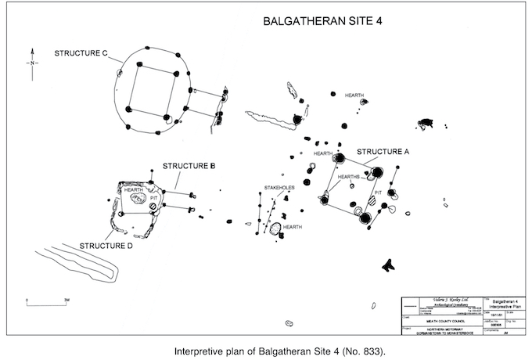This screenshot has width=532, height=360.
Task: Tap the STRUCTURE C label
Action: (81, 53)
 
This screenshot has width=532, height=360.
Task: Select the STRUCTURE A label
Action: (382, 151)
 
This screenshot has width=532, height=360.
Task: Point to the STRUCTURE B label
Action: (189, 166)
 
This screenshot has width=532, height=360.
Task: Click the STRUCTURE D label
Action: (106, 246)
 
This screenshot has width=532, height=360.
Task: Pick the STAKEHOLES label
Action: (279, 189)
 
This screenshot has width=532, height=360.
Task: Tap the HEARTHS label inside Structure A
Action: (349, 178)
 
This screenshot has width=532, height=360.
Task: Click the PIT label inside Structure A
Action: (377, 191)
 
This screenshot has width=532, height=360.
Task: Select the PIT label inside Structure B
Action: (154, 198)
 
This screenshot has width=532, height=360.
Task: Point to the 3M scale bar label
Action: (67, 298)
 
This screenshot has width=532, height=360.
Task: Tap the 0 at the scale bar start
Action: (27, 298)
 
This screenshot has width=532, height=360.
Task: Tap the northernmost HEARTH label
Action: (354, 95)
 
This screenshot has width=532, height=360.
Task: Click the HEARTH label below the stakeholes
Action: (293, 228)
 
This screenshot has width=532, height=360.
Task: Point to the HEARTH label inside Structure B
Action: (133, 190)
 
